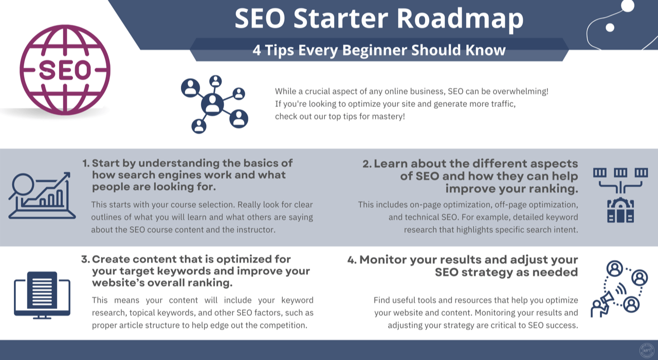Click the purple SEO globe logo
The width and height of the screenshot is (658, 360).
(65, 70)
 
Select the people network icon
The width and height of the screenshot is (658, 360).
(215, 104)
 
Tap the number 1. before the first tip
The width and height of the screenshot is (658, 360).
(86, 164)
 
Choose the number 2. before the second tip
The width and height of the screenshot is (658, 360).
(367, 164)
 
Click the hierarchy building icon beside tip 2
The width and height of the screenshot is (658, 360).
(620, 195)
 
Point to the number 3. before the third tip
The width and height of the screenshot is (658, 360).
(85, 259)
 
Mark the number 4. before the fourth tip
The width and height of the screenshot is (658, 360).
(352, 260)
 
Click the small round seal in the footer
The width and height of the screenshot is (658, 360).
(645, 350)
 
